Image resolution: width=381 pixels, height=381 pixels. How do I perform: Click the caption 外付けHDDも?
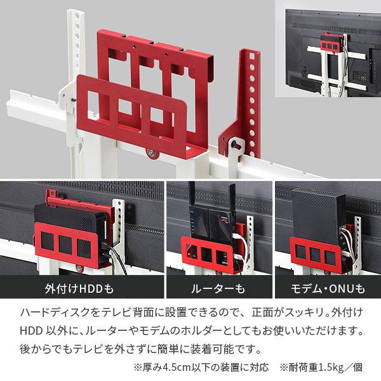(x=78, y=290)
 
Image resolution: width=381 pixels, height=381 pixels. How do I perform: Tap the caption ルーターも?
(x=218, y=290)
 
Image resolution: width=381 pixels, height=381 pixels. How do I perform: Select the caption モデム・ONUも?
(x=328, y=290)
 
